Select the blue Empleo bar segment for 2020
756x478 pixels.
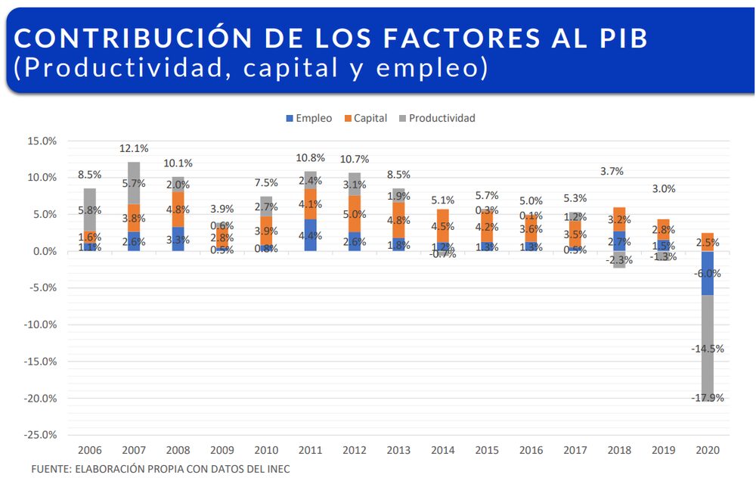coord(707,273)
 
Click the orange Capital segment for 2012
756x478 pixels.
coord(355,213)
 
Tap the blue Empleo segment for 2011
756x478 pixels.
coord(310,234)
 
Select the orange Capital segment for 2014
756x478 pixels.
coord(442,225)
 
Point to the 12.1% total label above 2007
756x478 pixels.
coord(134,148)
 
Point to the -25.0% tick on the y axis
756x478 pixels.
coord(42,435)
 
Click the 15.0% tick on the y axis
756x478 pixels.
coord(42,141)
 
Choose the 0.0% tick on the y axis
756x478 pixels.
coord(43,251)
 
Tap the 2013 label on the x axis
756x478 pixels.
coord(398,450)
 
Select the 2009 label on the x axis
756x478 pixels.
coord(222,450)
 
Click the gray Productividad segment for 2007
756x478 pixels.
coord(134,183)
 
